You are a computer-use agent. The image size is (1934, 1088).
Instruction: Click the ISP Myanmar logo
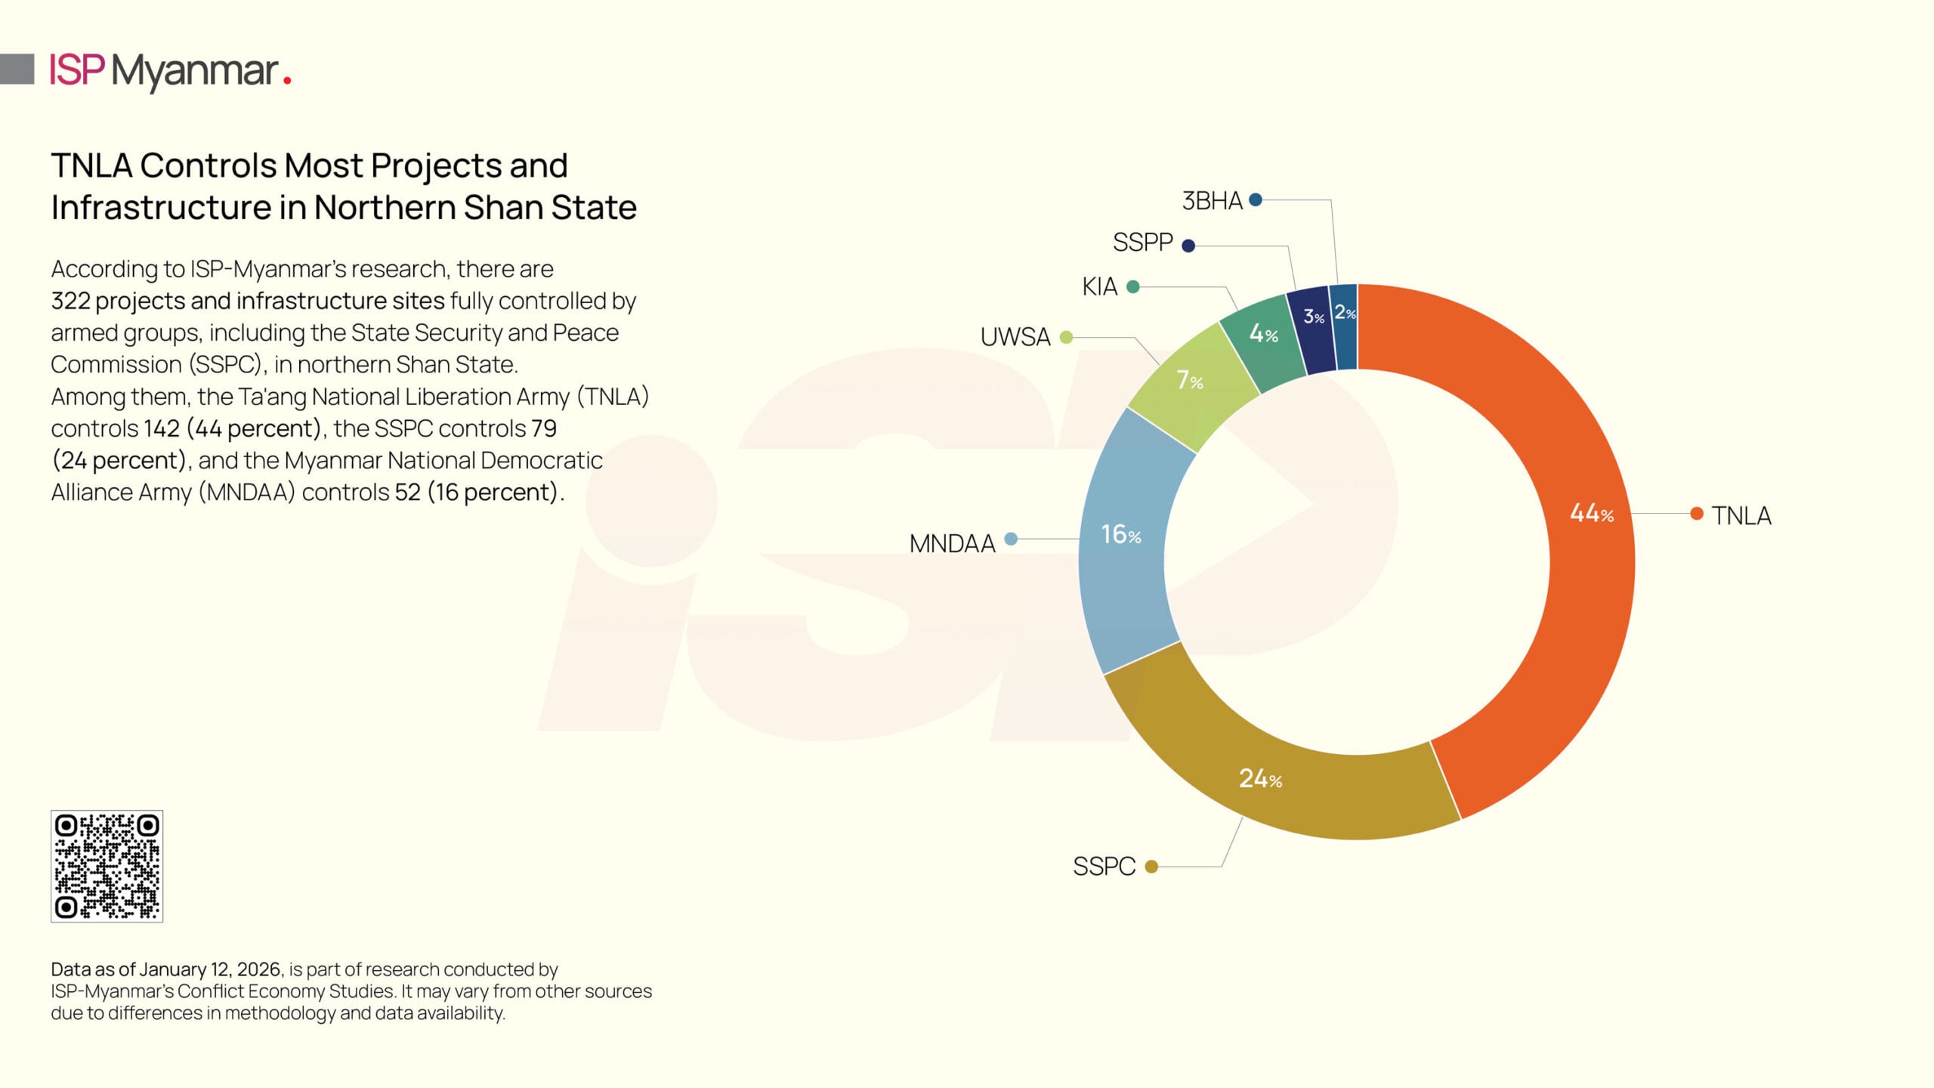tap(170, 71)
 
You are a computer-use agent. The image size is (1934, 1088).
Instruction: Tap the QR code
tap(107, 866)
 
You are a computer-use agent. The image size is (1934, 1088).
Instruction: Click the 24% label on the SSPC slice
tap(1260, 778)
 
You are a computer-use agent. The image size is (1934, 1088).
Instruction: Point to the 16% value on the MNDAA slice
tap(1120, 534)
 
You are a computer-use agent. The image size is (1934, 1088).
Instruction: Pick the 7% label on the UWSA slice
tap(1189, 380)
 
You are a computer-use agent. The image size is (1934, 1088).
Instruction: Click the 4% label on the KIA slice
tap(1263, 333)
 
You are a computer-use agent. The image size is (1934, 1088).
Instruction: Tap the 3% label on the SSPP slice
tap(1314, 317)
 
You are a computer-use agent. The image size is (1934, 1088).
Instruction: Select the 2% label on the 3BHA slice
tap(1345, 312)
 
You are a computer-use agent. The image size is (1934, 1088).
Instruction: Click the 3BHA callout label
tap(1212, 201)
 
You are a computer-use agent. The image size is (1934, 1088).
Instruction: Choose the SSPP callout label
tap(1142, 243)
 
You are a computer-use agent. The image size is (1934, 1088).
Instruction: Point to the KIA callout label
tap(1099, 287)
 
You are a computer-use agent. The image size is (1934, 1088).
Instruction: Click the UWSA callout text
tap(1015, 337)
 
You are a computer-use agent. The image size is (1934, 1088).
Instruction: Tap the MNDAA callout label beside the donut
tap(952, 543)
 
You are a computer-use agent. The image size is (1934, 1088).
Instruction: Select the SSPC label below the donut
tap(1104, 866)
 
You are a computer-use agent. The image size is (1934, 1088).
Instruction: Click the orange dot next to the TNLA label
tap(1697, 514)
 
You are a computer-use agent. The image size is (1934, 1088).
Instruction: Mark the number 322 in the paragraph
tap(70, 301)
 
